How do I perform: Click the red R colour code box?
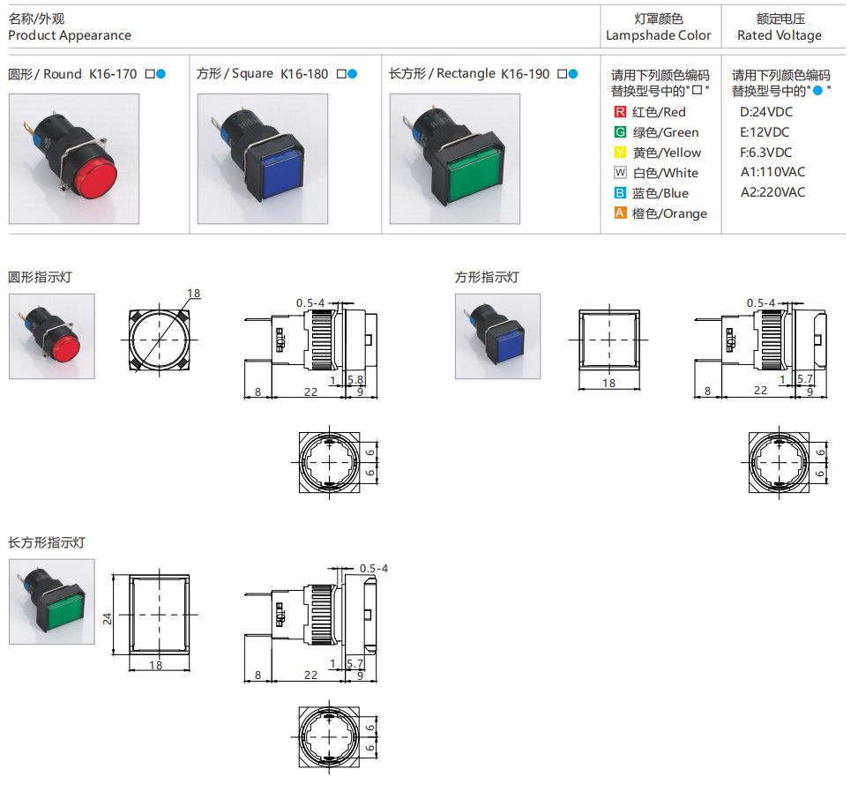pos(620,112)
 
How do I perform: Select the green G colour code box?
pos(620,132)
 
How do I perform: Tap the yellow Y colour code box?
pos(620,153)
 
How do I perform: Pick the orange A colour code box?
pos(620,213)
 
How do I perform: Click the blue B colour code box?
pos(620,193)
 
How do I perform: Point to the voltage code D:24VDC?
pos(765,112)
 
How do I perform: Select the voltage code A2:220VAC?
pos(772,192)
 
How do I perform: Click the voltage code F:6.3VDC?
pos(766,152)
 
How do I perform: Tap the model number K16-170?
pos(113,74)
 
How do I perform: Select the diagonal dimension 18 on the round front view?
pos(194,294)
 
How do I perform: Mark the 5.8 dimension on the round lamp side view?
pos(356,380)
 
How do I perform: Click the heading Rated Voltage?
pos(779,36)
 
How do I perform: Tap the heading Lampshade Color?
pos(658,36)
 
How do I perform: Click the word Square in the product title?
pos(254,74)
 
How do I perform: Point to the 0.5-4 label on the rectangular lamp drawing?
pos(374,568)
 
